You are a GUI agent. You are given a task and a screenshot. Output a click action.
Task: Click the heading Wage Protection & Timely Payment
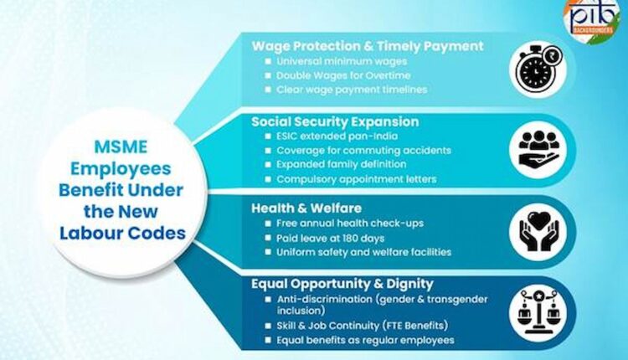pyautogui.click(x=368, y=45)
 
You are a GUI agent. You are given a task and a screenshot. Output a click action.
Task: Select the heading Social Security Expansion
pyautogui.click(x=336, y=121)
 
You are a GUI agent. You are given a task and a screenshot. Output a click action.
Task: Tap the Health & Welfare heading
pyautogui.click(x=307, y=206)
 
